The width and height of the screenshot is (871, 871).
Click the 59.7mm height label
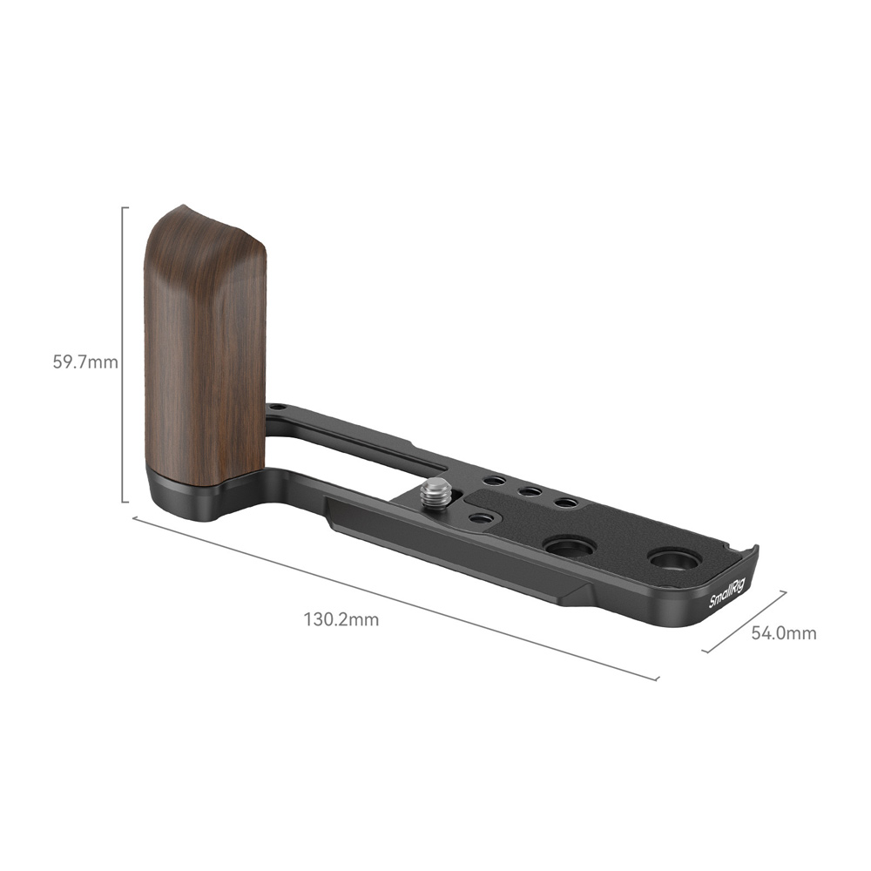pyautogui.click(x=85, y=362)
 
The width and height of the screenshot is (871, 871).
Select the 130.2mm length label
pyautogui.click(x=341, y=619)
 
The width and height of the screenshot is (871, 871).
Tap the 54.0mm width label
pyautogui.click(x=784, y=632)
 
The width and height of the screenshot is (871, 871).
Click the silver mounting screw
pyautogui.click(x=435, y=493)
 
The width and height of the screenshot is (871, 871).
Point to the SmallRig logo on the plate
pyautogui.click(x=726, y=593)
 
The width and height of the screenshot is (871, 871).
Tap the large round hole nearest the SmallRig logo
pyautogui.click(x=674, y=560)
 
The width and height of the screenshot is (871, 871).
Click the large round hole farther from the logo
pyautogui.click(x=570, y=547)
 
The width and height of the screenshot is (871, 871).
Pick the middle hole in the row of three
pyautogui.click(x=530, y=491)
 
